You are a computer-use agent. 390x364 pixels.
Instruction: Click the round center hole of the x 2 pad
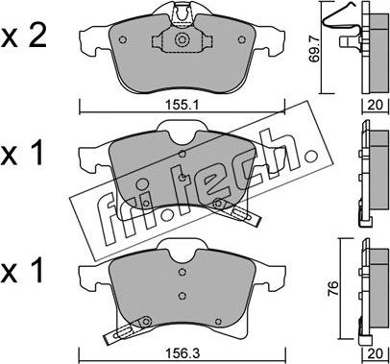pos(182,41)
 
